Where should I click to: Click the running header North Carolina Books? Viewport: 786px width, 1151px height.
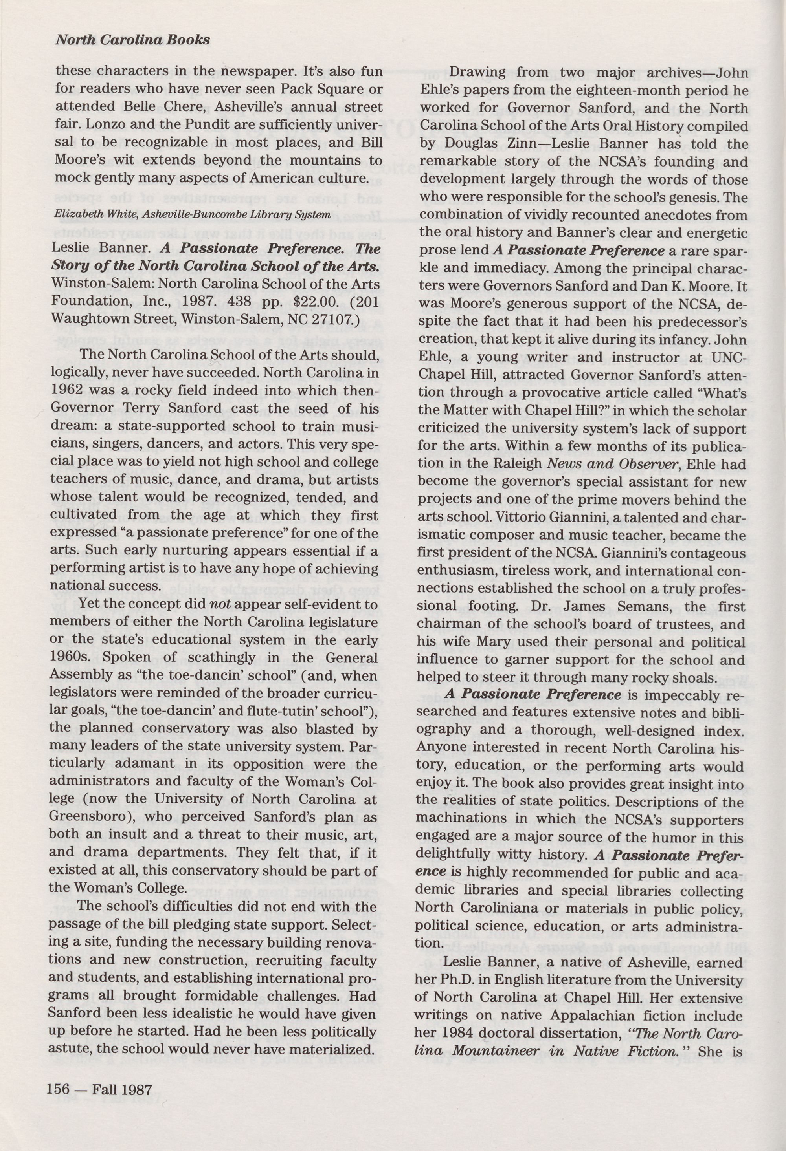coord(132,40)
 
